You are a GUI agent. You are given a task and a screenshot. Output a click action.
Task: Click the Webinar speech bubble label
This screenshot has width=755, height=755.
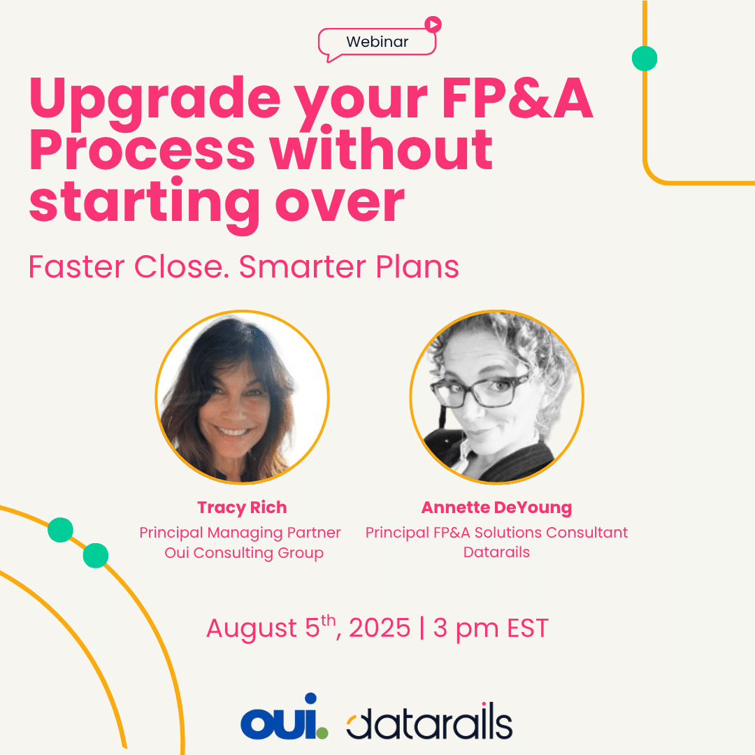tap(377, 42)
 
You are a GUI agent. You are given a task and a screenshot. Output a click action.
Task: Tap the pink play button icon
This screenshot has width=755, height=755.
tap(433, 24)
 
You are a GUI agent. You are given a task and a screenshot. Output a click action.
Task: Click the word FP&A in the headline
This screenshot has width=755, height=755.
tap(517, 99)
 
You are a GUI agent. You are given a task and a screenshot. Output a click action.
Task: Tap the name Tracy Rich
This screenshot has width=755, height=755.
tap(242, 508)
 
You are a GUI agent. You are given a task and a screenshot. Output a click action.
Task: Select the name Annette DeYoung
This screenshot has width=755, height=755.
tap(496, 508)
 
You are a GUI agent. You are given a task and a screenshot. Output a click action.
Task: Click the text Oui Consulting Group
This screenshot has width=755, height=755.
tap(244, 553)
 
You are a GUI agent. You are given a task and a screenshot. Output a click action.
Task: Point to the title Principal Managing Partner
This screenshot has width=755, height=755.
tap(240, 533)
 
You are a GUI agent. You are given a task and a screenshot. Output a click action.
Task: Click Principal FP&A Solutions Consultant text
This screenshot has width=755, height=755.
tap(496, 533)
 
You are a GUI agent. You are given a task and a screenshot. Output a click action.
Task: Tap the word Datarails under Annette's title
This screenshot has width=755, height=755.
tap(496, 552)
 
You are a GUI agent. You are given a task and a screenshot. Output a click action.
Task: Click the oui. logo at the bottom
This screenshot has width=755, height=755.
tap(285, 717)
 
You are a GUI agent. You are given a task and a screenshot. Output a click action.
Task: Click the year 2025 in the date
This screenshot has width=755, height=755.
tap(380, 628)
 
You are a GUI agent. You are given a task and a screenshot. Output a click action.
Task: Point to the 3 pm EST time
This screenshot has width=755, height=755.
tap(491, 629)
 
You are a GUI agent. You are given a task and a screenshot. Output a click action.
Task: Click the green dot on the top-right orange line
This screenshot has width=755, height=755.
tap(645, 59)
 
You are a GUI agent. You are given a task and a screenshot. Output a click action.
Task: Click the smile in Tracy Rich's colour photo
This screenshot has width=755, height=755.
tap(233, 431)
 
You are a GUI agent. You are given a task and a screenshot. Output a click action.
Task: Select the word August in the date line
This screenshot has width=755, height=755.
tap(252, 630)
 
